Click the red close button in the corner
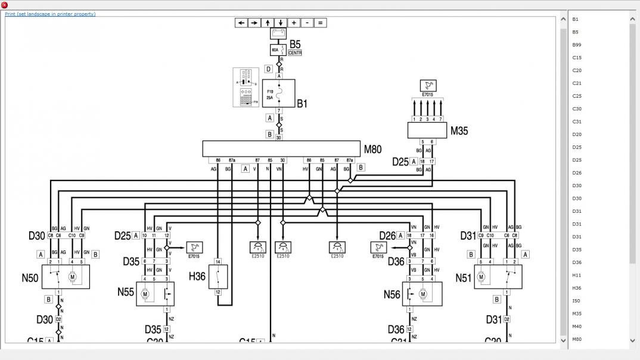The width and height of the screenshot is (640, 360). coord(5,5)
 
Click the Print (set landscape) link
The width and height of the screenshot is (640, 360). coord(50,14)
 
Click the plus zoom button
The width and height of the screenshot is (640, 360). coord(294,23)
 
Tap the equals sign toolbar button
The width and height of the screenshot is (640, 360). coord(320,23)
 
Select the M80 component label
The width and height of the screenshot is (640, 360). coord(373,150)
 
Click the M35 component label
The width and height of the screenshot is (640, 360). coord(459,131)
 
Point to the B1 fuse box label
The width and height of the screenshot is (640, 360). coord(302,104)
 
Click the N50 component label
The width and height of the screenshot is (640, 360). coord(30,278)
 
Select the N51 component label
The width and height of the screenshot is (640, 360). coord(464,278)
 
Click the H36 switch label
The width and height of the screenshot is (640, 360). coord(197,276)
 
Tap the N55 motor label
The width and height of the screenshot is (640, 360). coord(126,292)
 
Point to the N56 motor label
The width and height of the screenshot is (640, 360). coord(392,294)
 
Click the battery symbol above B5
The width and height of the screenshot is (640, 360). coord(278,33)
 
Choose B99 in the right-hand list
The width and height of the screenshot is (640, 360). coord(577,45)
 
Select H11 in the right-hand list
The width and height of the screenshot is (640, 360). coord(577,275)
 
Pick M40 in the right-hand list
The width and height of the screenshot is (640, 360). coord(577,327)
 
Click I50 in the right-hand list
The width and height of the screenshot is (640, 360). coord(576,301)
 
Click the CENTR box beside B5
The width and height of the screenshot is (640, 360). coord(295,53)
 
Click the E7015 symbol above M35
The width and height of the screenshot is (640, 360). coord(427,85)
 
